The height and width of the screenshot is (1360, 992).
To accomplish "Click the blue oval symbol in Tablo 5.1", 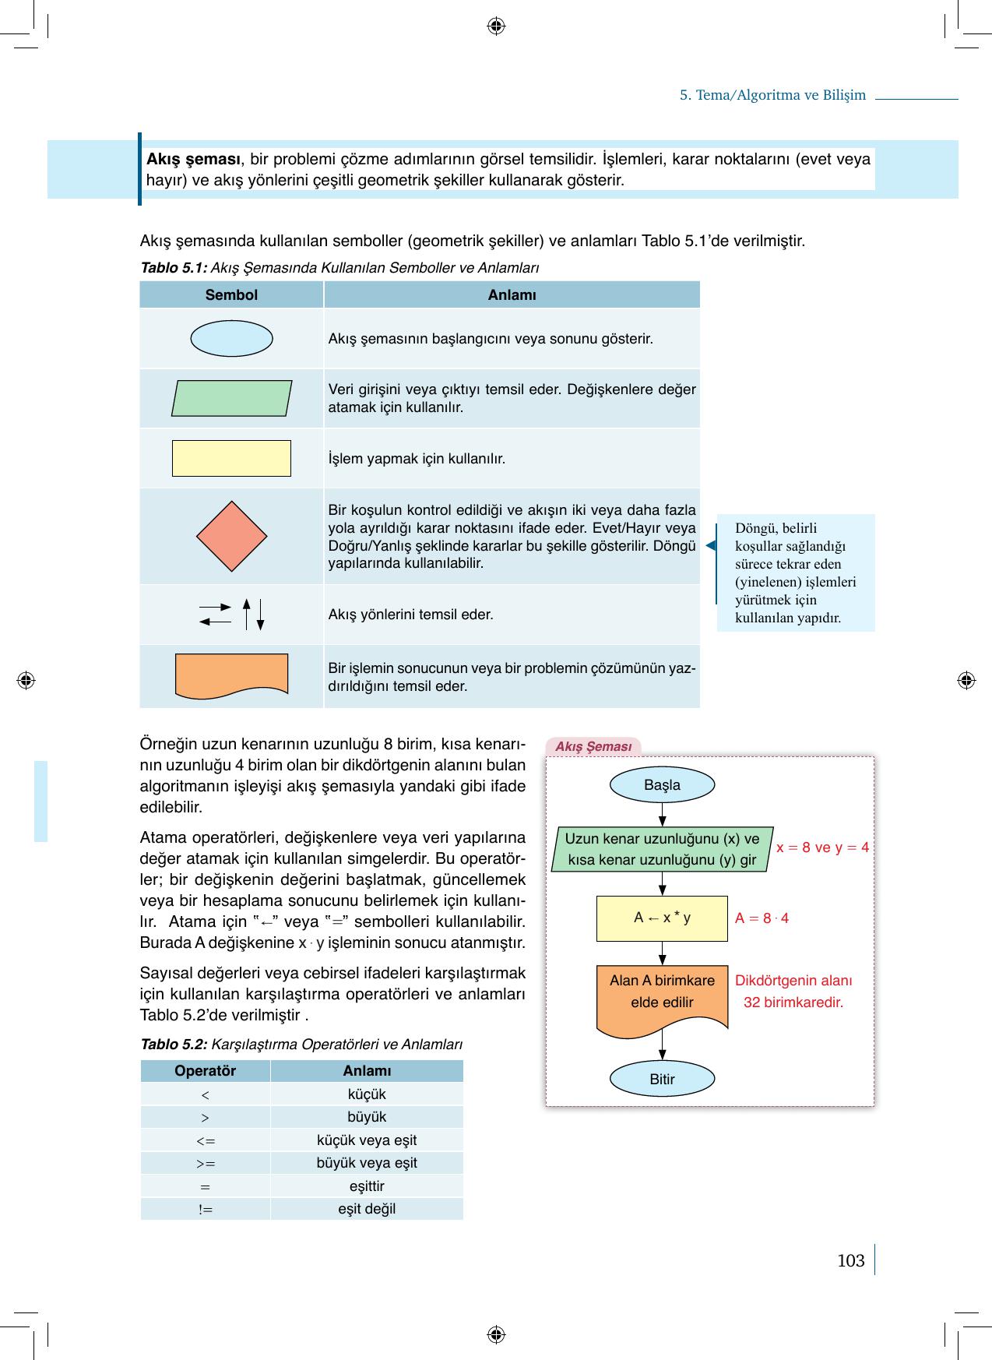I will [x=231, y=339].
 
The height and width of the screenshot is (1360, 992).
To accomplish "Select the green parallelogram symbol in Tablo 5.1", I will [x=231, y=398].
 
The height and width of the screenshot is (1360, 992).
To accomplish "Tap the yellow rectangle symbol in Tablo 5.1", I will [x=231, y=458].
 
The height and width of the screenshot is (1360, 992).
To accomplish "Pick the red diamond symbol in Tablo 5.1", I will [x=231, y=537].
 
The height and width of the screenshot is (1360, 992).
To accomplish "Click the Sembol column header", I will [x=231, y=295].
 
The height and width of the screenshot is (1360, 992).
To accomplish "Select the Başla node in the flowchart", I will [x=662, y=785].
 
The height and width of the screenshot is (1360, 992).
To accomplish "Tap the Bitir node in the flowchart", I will [x=662, y=1080].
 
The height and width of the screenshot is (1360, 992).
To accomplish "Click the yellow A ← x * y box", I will [x=662, y=918].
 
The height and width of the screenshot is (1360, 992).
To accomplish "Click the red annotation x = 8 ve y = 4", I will [x=822, y=847].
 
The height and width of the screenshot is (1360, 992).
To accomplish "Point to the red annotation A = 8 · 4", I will [x=762, y=918].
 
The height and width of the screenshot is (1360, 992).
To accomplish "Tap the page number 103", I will [x=850, y=1261].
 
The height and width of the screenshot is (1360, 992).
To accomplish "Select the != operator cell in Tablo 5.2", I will [x=205, y=1209].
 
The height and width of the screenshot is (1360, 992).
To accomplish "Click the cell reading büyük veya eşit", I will [x=367, y=1163].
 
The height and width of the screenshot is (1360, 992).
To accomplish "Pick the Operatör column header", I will [x=205, y=1071].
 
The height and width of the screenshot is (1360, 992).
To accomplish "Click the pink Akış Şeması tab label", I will [x=593, y=747].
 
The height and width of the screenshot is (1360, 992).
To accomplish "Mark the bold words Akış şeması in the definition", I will [x=193, y=160].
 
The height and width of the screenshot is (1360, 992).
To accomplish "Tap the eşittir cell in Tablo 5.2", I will [x=367, y=1186].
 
